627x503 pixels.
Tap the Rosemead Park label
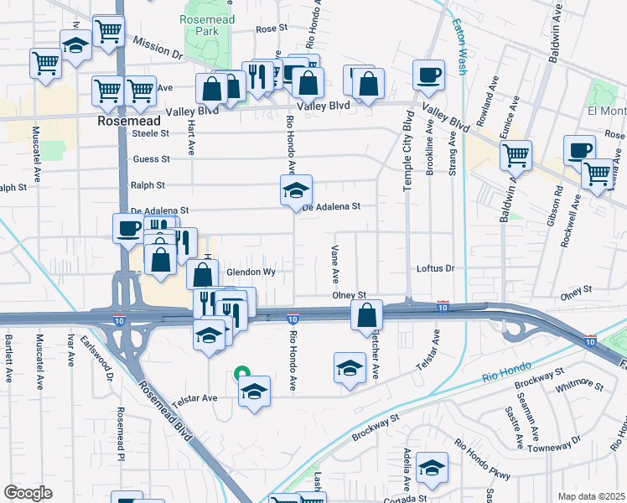201,25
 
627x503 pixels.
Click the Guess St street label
151,158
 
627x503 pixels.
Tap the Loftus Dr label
435,269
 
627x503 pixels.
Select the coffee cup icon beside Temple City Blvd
428,75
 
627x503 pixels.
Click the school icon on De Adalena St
296,191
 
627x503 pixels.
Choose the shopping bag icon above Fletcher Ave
366,315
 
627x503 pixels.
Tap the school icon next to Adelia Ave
432,468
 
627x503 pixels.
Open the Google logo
28,493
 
